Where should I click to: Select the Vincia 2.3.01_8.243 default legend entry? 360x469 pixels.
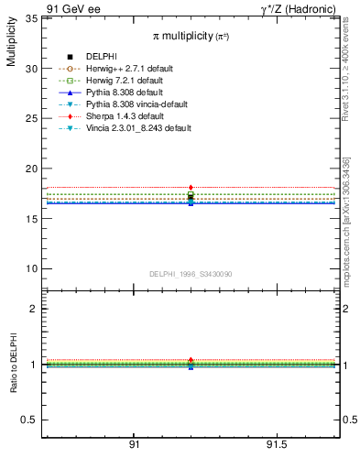137,128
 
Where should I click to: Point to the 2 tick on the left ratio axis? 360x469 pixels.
33,309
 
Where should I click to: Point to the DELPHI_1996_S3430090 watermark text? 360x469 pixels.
189,274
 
